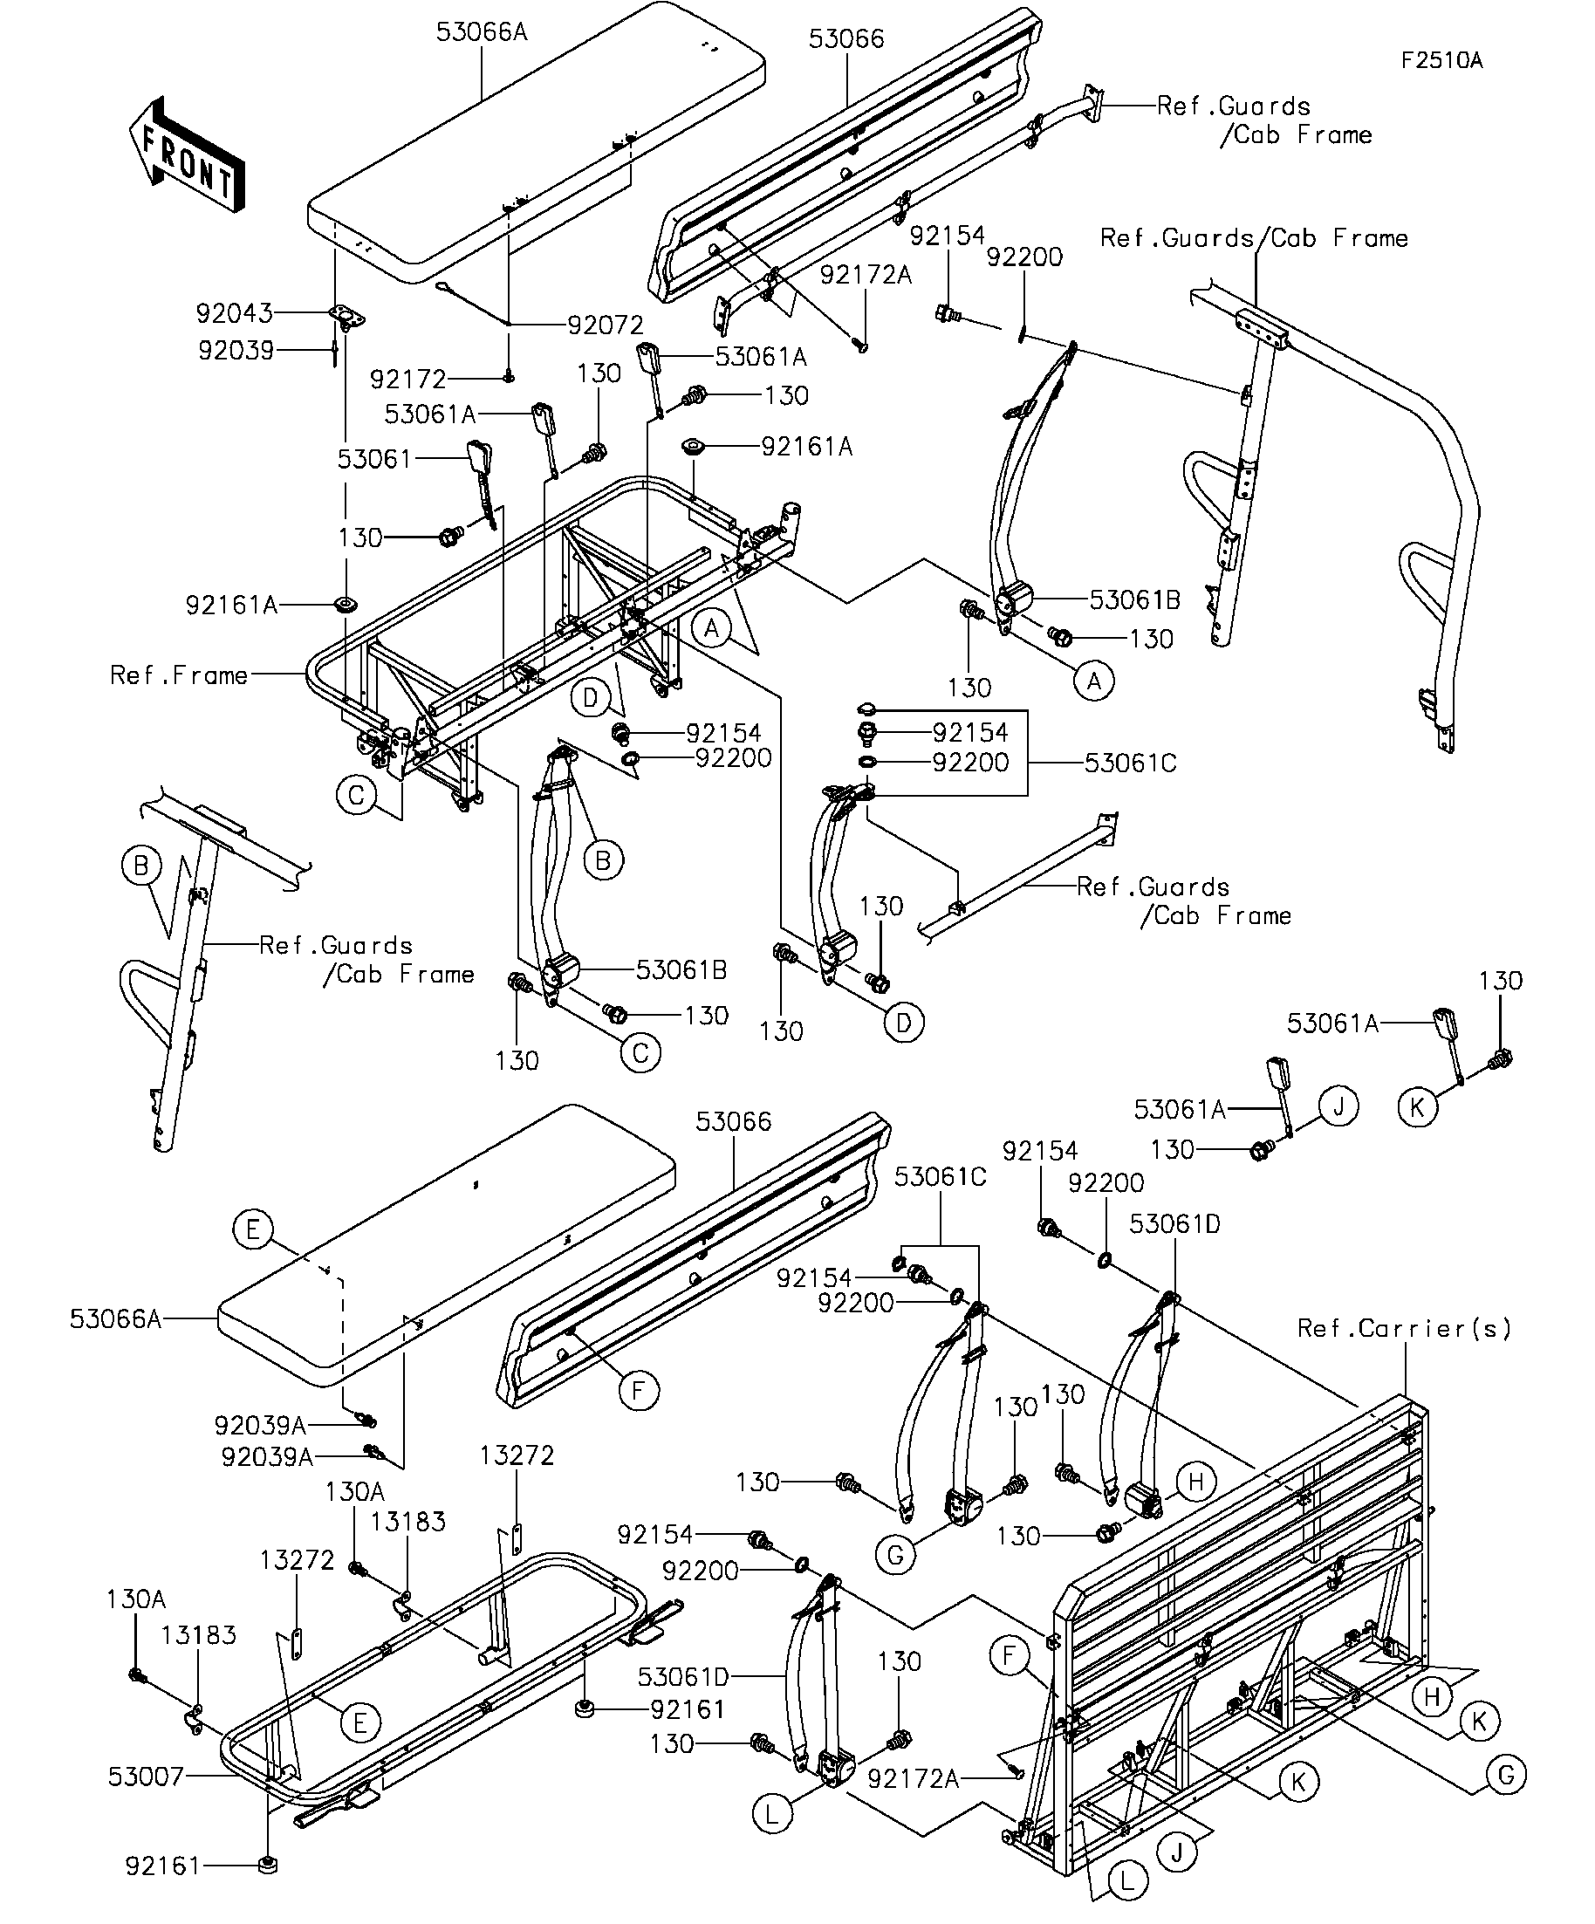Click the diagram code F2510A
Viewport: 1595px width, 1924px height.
[x=1441, y=60]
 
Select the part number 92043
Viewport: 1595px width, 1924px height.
[x=235, y=313]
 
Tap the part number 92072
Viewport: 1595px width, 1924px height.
[x=605, y=325]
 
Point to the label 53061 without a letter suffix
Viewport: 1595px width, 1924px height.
[x=374, y=458]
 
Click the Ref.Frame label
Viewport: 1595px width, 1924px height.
[x=179, y=675]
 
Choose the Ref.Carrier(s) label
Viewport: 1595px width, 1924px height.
[x=1404, y=1327]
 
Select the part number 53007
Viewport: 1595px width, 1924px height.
[x=147, y=1777]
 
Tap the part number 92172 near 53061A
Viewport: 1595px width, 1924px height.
[x=407, y=380]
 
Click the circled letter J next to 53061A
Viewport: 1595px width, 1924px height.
[x=1338, y=1106]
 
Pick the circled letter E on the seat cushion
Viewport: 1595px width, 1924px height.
[x=253, y=1229]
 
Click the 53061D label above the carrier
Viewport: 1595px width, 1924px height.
[x=1174, y=1224]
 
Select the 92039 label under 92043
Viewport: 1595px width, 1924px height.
[x=236, y=350]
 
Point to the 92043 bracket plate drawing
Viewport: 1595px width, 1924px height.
[x=347, y=316]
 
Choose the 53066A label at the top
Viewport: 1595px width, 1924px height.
[x=482, y=32]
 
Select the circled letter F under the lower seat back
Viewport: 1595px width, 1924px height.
[x=639, y=1391]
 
